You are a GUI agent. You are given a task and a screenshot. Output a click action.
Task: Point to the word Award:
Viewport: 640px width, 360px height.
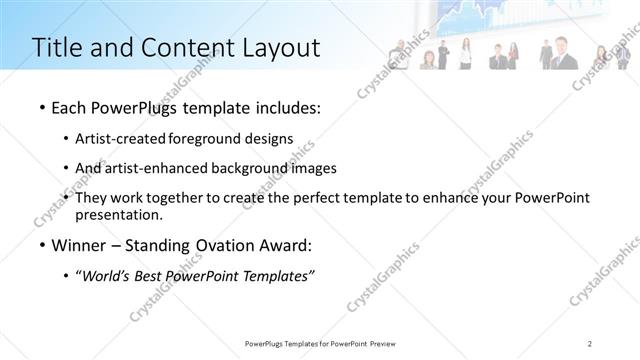(287, 245)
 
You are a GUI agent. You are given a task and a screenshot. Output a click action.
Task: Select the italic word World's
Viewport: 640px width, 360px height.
(109, 276)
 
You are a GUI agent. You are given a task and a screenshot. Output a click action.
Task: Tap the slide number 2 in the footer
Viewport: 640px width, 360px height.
(590, 343)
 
